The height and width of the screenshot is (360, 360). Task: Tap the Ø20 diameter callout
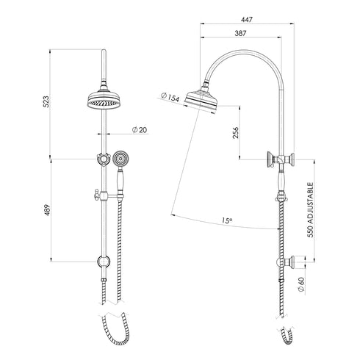[x=139, y=130]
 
